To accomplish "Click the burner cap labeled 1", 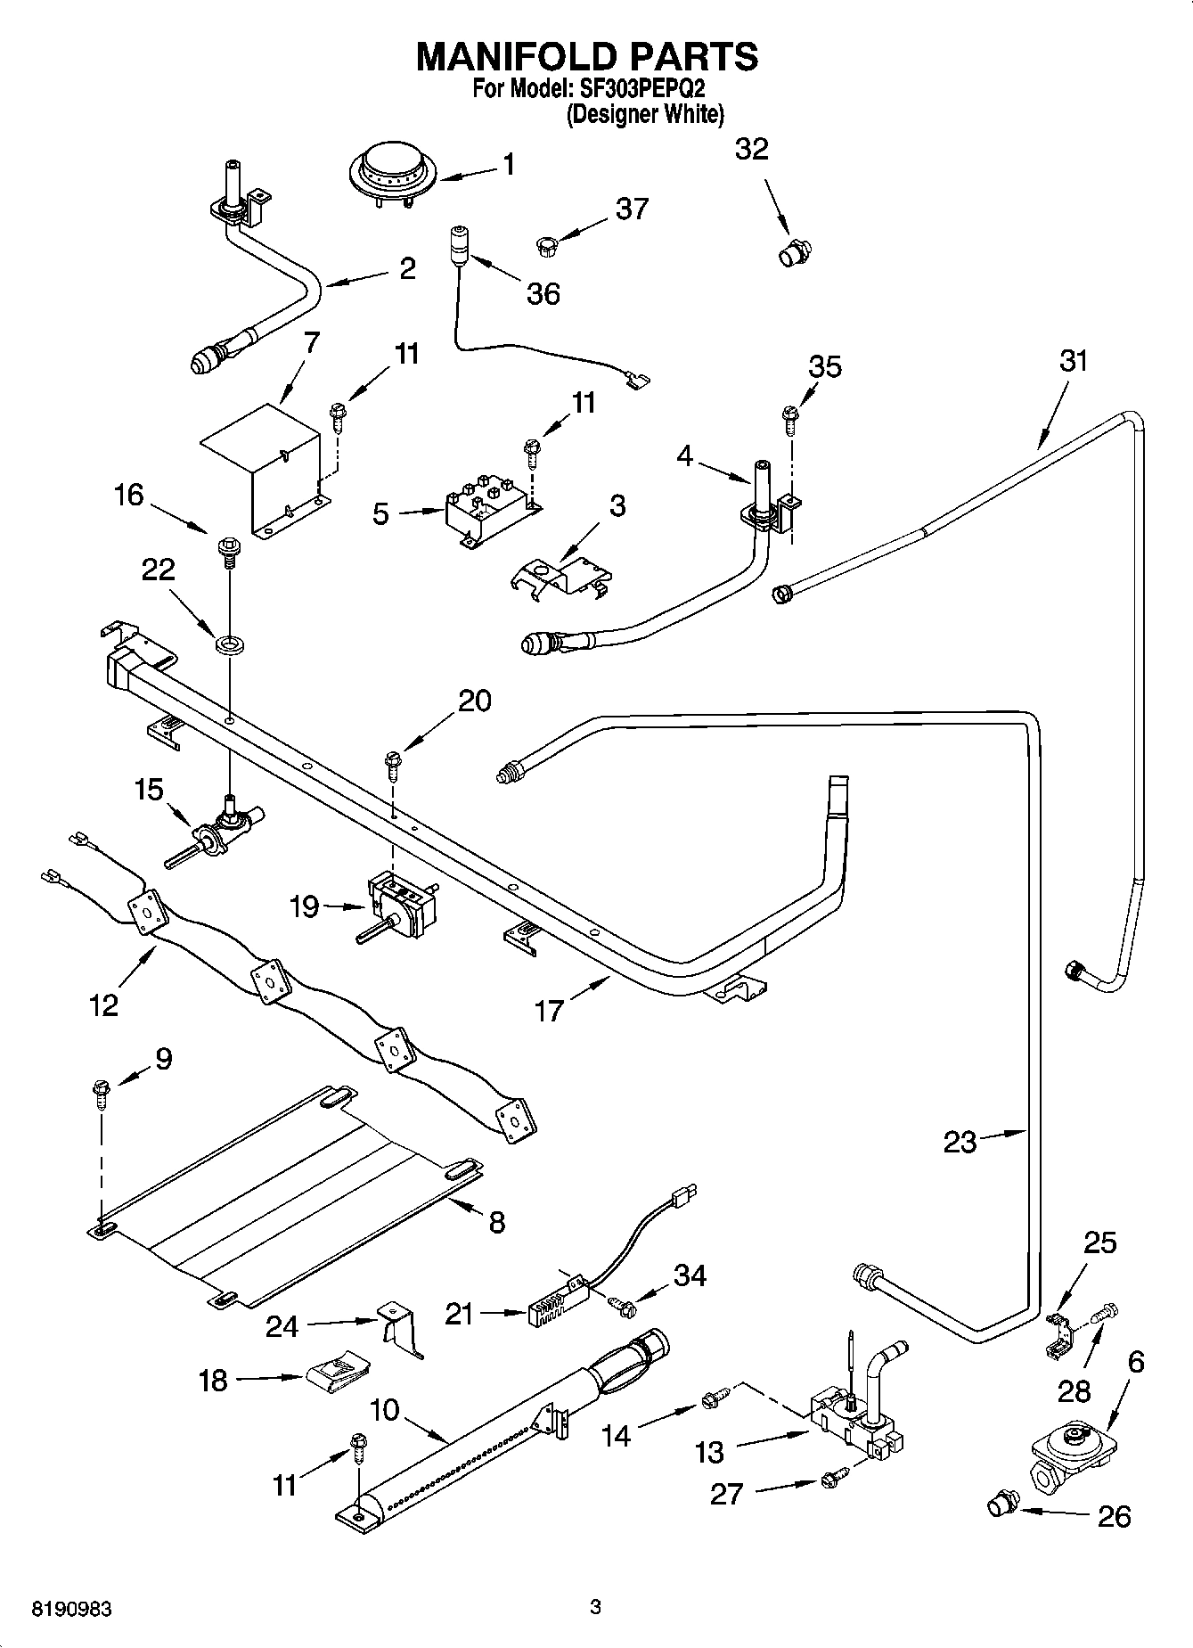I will pos(389,170).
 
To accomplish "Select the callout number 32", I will pos(751,149).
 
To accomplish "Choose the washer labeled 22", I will pos(230,642).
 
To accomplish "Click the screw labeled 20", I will pos(392,762).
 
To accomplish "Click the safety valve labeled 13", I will pos(855,1426).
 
